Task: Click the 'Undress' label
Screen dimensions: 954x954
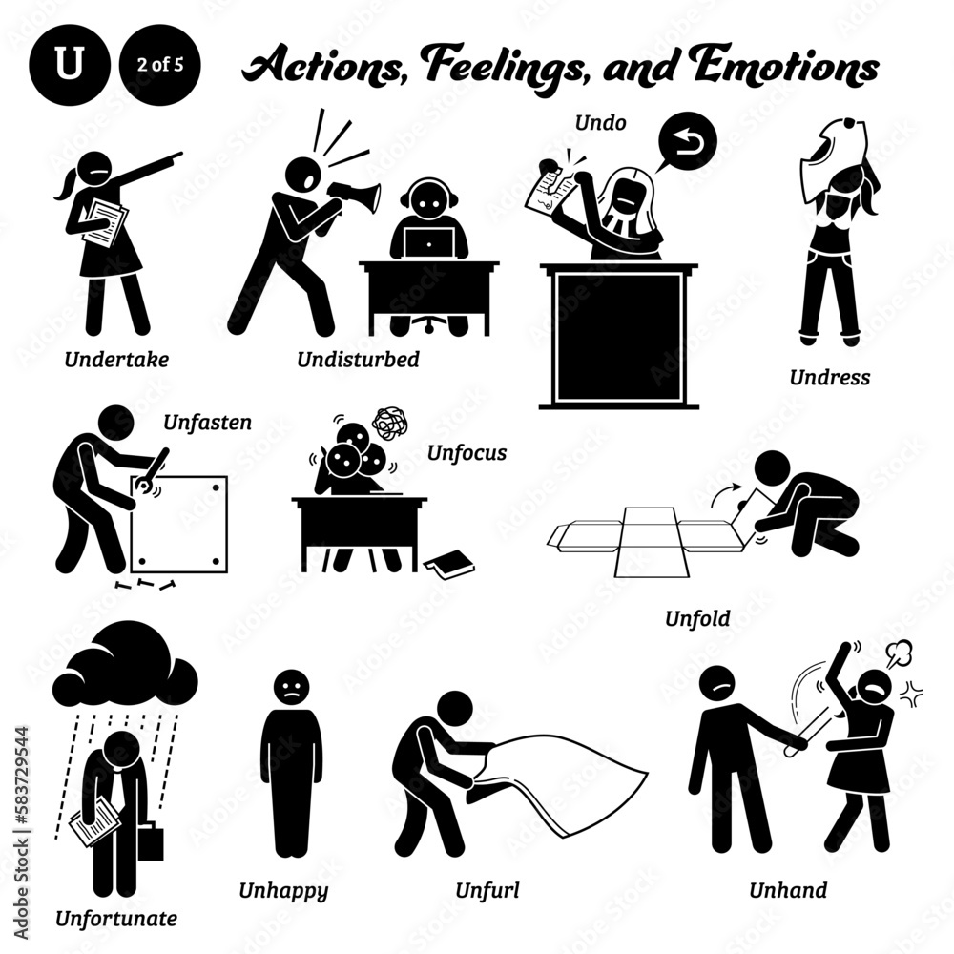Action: (x=829, y=376)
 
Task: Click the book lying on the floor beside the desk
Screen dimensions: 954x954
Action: (x=449, y=565)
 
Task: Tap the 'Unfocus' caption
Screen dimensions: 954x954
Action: (x=467, y=452)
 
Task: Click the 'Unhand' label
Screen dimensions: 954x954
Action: (x=789, y=890)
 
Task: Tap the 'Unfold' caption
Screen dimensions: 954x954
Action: (x=697, y=618)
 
